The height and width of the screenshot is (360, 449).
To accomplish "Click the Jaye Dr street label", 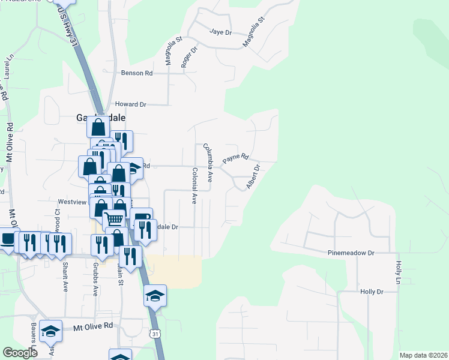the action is (x=220, y=32).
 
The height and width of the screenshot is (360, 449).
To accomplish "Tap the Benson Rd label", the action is (x=137, y=73).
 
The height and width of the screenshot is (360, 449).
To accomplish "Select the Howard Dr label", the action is (x=130, y=104).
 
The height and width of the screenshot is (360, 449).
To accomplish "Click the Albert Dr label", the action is (x=253, y=177).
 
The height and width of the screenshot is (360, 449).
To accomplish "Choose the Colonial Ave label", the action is (x=194, y=185).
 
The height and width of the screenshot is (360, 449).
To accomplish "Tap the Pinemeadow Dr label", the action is (x=351, y=254).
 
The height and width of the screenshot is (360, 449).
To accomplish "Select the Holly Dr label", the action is (x=372, y=292).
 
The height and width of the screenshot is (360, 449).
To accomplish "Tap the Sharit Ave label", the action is (x=64, y=274).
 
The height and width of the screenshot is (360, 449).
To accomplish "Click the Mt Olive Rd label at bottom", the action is (x=93, y=326).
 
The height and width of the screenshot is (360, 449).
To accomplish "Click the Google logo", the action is (x=20, y=353).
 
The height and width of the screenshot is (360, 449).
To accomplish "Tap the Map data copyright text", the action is (x=423, y=355).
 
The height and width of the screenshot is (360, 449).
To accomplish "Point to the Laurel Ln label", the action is (x=8, y=67).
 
